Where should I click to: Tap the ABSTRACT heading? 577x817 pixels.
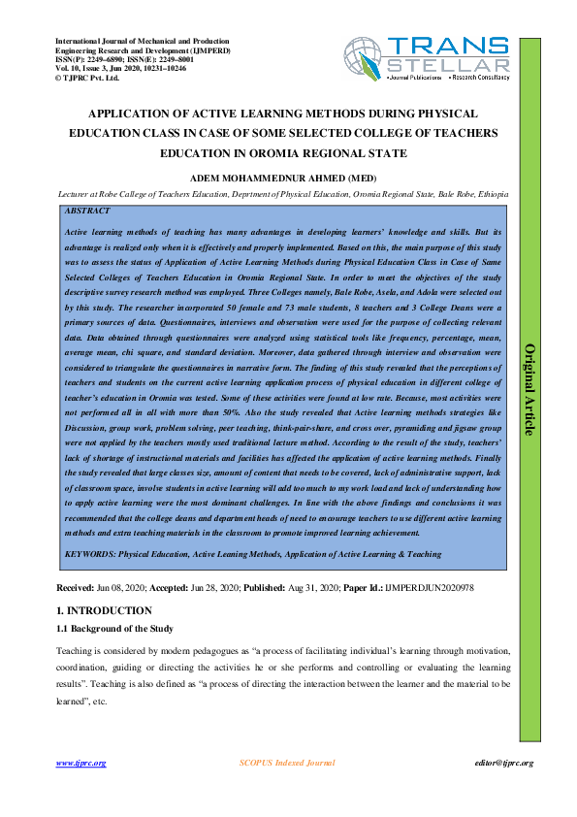click(86, 211)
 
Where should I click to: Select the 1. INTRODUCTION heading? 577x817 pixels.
click(104, 610)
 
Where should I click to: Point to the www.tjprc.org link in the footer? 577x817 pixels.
click(80, 763)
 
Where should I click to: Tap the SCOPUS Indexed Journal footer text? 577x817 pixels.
click(287, 763)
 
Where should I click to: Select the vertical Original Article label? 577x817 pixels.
click(529, 388)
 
